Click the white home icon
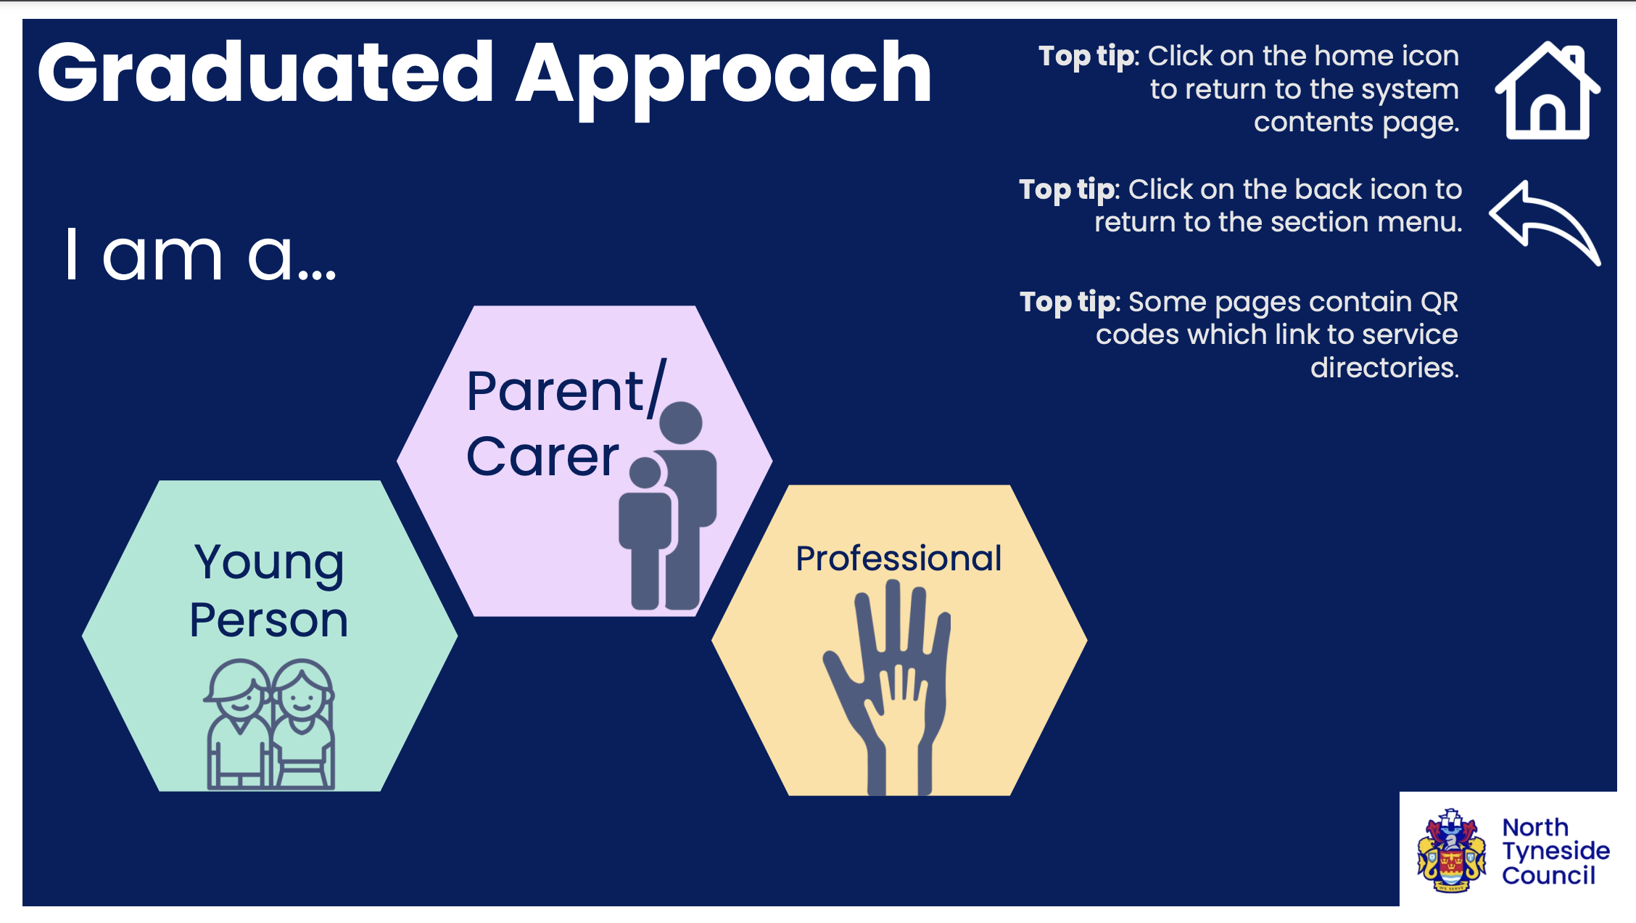click(1548, 91)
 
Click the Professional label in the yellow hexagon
click(898, 559)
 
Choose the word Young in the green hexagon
click(269, 565)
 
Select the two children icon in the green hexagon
click(270, 724)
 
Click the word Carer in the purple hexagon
click(542, 456)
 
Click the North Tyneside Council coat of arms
click(1452, 850)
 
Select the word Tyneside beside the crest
click(1556, 851)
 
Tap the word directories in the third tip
click(1384, 367)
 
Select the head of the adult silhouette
click(681, 423)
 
